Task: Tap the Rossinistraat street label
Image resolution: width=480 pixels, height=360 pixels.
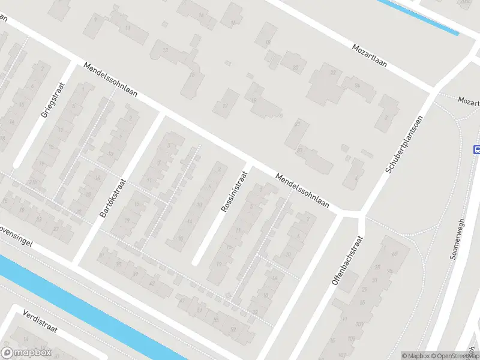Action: click(x=234, y=191)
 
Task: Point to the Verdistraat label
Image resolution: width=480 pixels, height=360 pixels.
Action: click(x=39, y=322)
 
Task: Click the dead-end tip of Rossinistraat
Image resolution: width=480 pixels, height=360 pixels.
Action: click(x=196, y=262)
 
